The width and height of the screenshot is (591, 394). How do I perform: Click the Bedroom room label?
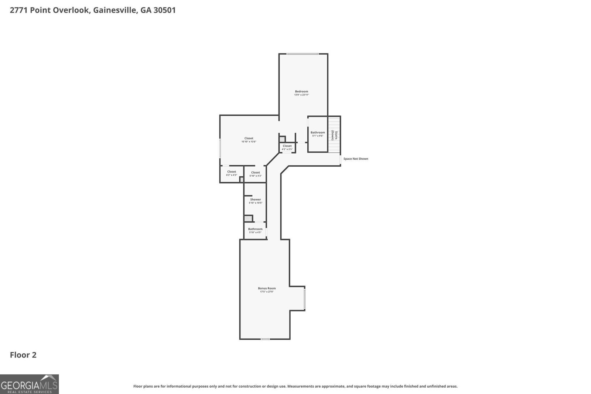[x=301, y=91]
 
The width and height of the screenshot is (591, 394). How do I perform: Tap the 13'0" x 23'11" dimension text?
[x=301, y=95]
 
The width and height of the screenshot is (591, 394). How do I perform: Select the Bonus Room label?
[x=267, y=288]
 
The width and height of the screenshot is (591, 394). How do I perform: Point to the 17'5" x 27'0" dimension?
[x=267, y=292]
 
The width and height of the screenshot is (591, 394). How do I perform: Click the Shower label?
[x=255, y=200]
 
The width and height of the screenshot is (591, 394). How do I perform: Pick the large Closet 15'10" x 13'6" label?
[x=249, y=138]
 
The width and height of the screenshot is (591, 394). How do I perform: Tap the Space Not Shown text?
[x=356, y=159]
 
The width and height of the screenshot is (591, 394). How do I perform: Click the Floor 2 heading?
[x=23, y=355]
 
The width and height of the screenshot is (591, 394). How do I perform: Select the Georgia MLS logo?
[x=29, y=384]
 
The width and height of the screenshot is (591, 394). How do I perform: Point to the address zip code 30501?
[x=164, y=10]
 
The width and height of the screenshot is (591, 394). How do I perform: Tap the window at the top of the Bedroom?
[x=303, y=54]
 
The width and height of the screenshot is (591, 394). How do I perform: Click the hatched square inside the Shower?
[x=248, y=218]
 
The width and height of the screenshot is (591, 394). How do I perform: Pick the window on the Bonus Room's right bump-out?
[x=305, y=299]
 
